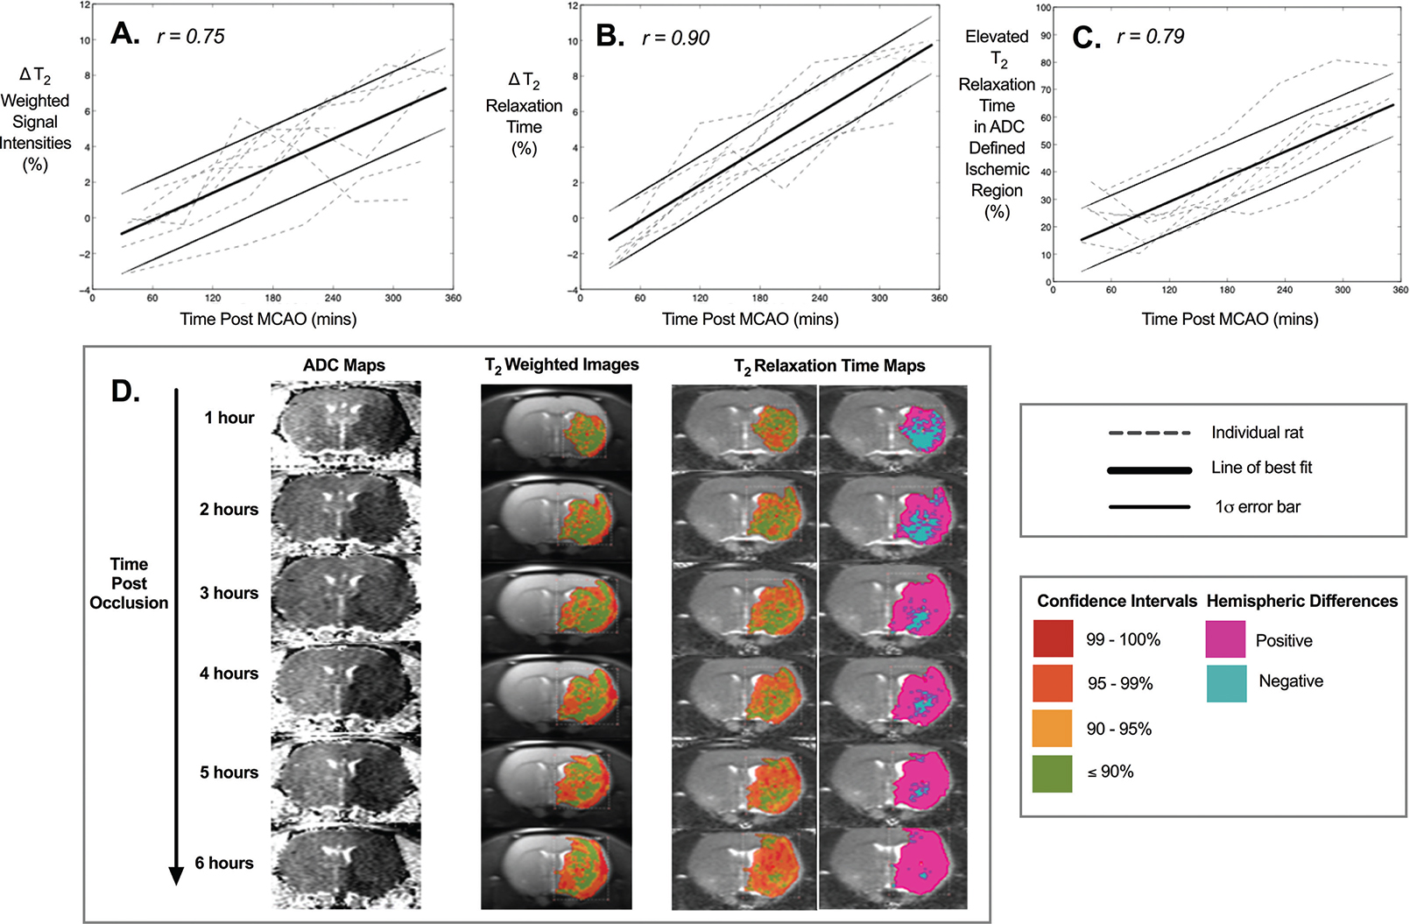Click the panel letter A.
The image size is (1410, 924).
tap(124, 34)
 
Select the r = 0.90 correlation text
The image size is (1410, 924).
tap(675, 39)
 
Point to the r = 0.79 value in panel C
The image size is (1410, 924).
tap(1150, 37)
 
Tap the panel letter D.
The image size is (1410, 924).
tap(125, 391)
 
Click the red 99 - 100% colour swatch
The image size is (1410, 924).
tap(1053, 638)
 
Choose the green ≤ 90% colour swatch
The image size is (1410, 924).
tap(1053, 773)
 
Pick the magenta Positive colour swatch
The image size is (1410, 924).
tap(1225, 639)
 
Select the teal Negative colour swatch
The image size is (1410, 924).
tap(1225, 683)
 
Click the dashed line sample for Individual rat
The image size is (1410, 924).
tap(1149, 433)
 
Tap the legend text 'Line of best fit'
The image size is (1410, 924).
tap(1261, 468)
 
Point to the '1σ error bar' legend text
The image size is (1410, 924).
tap(1257, 507)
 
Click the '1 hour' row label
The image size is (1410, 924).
tap(229, 418)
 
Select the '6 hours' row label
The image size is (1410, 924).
tap(224, 863)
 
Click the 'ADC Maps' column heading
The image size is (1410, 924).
tap(344, 365)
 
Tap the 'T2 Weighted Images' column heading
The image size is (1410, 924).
tap(561, 365)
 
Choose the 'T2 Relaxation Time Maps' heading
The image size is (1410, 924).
tap(829, 366)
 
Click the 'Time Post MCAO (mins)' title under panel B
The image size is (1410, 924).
tap(751, 319)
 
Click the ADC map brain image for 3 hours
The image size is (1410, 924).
tap(346, 599)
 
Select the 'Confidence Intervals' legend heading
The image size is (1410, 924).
tap(1117, 601)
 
